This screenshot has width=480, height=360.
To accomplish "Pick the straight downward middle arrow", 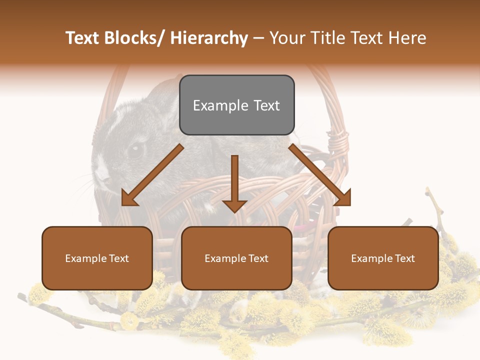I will [234, 182].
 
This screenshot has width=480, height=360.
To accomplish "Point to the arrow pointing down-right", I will [320, 175].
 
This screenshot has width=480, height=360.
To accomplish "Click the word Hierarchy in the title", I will [209, 38].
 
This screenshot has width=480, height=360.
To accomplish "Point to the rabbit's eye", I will [134, 149].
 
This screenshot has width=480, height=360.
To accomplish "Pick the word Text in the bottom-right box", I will [404, 258].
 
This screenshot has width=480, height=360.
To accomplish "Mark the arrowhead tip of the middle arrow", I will [234, 211].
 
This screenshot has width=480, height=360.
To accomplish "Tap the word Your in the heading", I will [286, 38].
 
